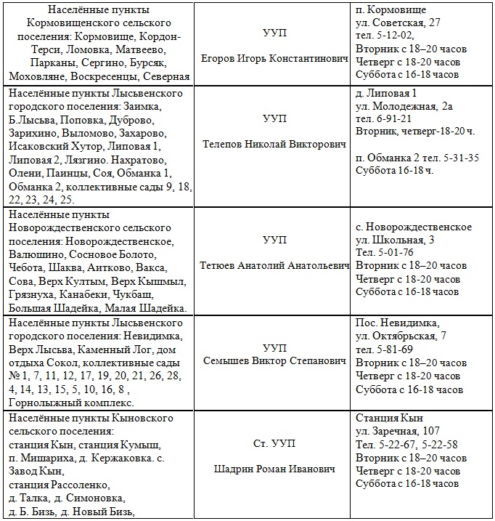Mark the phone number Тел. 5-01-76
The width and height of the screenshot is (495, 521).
[385, 253]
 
